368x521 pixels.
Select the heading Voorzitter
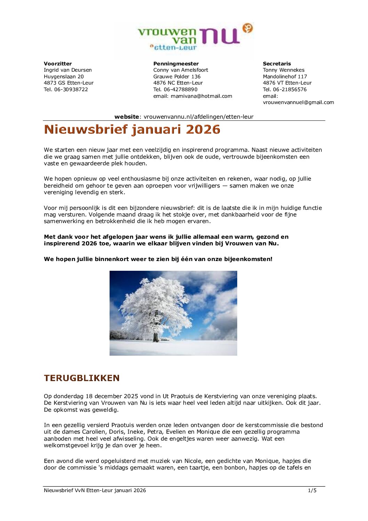pos(58,64)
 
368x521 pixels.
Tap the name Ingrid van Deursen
pos(68,70)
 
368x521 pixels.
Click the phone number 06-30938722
pos(71,89)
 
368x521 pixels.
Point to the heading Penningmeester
pos(176,64)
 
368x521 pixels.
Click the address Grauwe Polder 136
pos(177,77)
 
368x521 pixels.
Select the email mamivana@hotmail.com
pos(201,96)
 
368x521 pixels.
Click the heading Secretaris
pos(277,64)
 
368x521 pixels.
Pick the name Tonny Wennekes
pos(283,70)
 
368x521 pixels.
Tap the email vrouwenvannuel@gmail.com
pos(298,102)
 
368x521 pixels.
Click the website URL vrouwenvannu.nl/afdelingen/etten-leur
pos(199,117)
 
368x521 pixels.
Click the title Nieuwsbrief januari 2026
pos(132,129)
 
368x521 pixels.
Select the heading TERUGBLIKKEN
pos(82,378)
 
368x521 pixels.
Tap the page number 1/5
pos(312,490)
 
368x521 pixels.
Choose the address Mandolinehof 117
pos(285,77)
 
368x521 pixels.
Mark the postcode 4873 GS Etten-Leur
pos(69,83)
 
